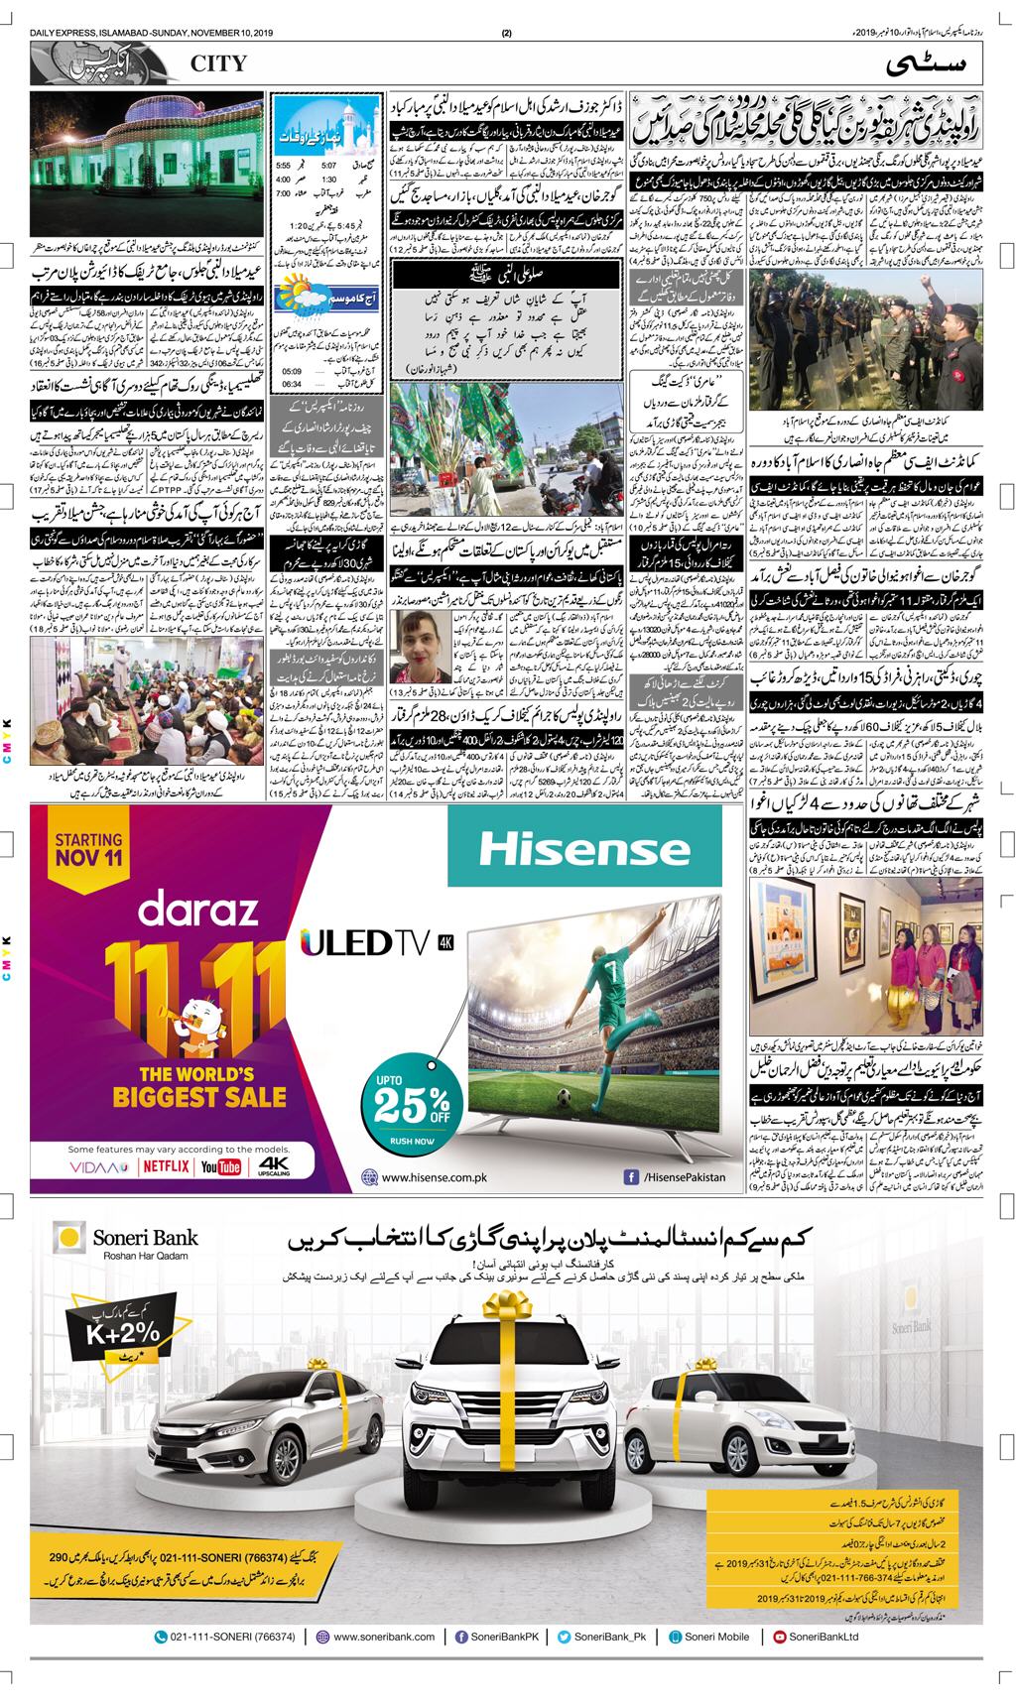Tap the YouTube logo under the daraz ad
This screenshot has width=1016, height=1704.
[220, 1166]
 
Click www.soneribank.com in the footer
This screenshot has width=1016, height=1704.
[376, 1665]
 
